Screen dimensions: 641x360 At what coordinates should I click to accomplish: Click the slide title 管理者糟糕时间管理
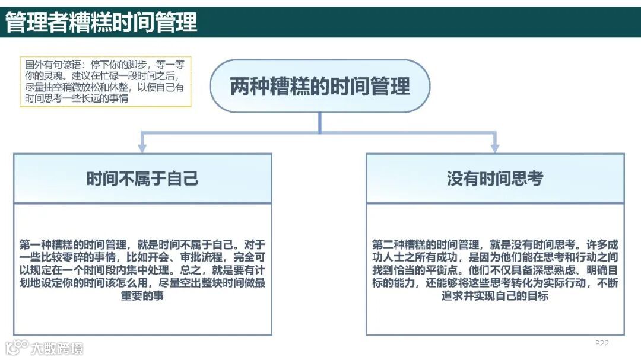tap(101, 23)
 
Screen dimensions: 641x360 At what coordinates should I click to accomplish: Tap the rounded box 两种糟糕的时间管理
tap(320, 86)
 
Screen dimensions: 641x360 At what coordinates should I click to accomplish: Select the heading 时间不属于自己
tap(142, 179)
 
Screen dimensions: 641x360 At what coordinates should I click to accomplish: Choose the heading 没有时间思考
tap(495, 179)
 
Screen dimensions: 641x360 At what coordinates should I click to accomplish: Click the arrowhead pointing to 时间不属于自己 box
tap(142, 148)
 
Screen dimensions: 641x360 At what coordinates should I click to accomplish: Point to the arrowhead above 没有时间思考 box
tap(494, 148)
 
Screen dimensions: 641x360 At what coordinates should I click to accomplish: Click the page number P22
tap(601, 343)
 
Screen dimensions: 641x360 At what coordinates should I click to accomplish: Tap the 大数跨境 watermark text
tap(57, 348)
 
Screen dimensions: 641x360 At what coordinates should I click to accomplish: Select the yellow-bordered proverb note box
tap(106, 82)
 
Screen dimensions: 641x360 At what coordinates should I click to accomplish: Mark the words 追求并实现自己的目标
tap(495, 296)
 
